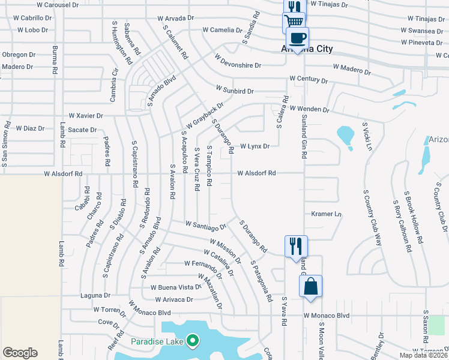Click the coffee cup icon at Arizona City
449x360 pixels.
297,38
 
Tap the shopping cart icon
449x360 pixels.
294,22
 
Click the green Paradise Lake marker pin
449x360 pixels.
192,342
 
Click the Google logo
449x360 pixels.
20,353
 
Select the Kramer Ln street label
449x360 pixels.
326,214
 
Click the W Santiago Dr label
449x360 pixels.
205,225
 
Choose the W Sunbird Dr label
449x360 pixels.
235,91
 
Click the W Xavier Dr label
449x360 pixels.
86,115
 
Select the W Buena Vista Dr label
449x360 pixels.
175,287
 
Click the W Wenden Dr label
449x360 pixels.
310,109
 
